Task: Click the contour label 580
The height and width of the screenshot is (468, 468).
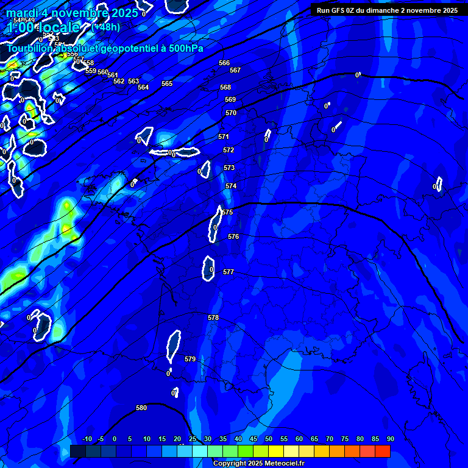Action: coord(141,408)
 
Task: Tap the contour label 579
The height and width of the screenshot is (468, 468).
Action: coord(190,359)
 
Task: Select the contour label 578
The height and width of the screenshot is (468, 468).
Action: coord(213,317)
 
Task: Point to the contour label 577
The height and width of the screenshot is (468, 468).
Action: coord(229,272)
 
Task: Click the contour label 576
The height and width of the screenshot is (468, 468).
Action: coord(233,236)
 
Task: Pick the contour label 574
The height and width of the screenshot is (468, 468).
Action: coord(231,186)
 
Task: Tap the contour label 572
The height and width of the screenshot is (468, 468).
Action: coord(229,150)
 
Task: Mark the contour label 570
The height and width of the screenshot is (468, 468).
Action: coord(231,113)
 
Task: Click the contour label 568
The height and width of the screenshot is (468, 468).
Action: coord(225,87)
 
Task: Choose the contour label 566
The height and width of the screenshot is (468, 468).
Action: coord(224,63)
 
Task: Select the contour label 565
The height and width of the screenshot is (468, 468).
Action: coord(167,83)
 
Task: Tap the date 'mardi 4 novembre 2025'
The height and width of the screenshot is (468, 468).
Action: coord(72,13)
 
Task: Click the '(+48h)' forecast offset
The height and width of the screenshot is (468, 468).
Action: coord(105,27)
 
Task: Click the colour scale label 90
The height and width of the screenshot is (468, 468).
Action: coord(390,439)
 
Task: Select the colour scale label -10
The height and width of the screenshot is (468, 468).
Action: coord(87,439)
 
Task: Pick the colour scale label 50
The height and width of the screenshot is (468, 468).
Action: coord(269,439)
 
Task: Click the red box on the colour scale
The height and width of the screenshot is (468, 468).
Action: coord(382,451)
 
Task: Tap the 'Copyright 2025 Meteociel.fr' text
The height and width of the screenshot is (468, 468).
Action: coord(258,464)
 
